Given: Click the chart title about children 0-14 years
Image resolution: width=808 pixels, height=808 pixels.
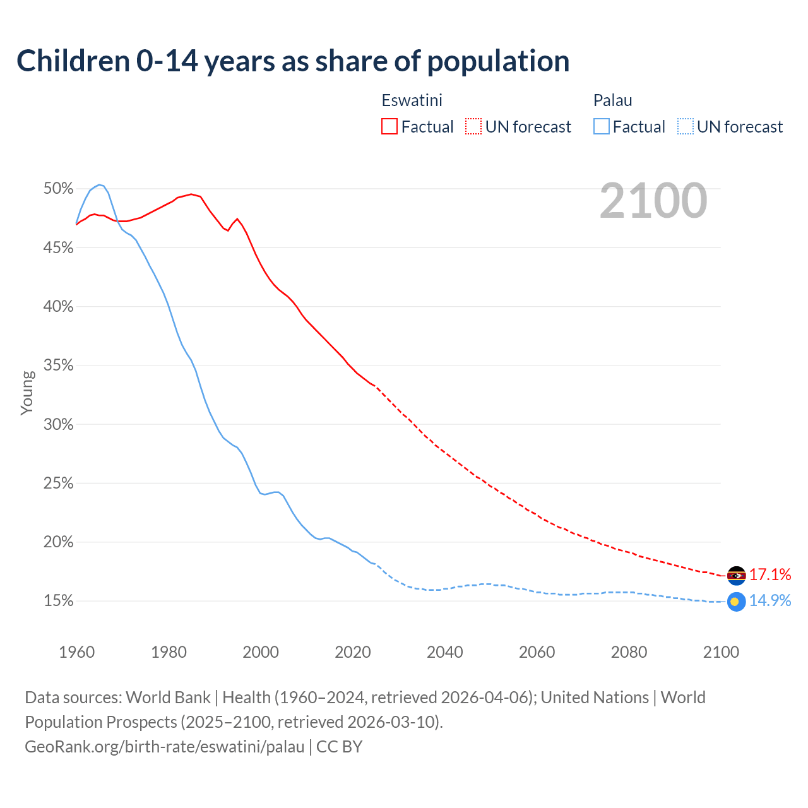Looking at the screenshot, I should (x=293, y=61).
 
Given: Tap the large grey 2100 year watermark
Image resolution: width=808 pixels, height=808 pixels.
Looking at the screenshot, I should (x=653, y=201).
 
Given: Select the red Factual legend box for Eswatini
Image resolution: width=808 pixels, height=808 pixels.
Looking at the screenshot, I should (x=389, y=126).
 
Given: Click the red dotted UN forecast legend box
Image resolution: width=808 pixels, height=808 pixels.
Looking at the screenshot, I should (x=473, y=126).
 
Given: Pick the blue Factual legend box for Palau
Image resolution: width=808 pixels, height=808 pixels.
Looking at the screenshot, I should (x=602, y=126).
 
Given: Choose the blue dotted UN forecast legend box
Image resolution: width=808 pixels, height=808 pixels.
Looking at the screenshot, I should (x=685, y=126).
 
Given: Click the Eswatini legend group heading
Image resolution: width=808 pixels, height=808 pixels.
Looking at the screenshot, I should (x=412, y=100).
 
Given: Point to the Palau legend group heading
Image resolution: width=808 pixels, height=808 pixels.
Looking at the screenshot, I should (x=612, y=100).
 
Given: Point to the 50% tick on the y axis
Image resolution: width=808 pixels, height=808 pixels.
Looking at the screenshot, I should (x=59, y=189).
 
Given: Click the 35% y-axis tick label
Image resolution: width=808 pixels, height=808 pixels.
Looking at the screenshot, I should (x=59, y=365).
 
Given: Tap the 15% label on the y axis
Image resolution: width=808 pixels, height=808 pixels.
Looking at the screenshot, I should (x=59, y=601).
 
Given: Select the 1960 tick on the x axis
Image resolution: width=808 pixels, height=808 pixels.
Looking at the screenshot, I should (x=76, y=652).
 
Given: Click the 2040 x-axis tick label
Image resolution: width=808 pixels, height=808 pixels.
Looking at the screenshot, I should (x=445, y=652).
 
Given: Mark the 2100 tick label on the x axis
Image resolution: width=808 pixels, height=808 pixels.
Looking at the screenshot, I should (x=721, y=652).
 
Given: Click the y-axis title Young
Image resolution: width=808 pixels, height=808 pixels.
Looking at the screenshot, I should (x=27, y=393).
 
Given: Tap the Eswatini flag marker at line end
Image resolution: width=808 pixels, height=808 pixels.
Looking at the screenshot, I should (x=736, y=576).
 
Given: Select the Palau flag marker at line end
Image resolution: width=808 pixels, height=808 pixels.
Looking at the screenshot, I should (x=736, y=602).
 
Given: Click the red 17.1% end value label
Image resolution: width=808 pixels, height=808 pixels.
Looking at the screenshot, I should (x=770, y=574).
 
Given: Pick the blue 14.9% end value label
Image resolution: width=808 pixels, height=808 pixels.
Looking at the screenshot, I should (x=770, y=600).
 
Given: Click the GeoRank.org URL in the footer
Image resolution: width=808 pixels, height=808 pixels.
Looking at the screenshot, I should (x=165, y=747).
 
